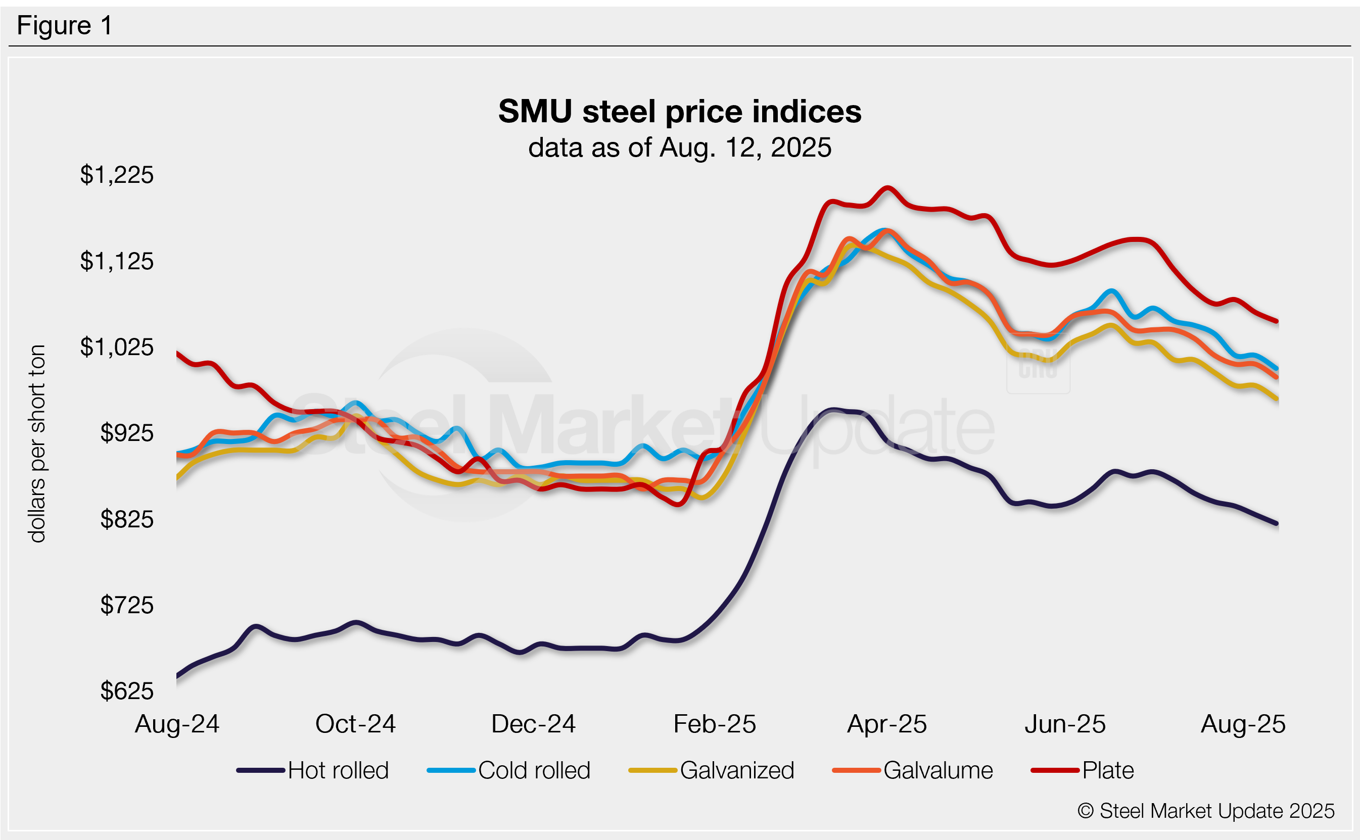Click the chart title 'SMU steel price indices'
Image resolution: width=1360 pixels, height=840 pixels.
[x=679, y=111]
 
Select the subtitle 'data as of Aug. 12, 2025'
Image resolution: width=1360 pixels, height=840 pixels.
[x=679, y=148]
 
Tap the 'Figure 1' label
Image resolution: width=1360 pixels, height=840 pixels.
[x=65, y=26]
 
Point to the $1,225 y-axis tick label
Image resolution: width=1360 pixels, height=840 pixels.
[x=117, y=175]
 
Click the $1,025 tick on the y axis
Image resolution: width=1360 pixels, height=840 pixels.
[x=117, y=347]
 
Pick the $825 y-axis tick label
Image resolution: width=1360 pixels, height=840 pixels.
[x=127, y=519]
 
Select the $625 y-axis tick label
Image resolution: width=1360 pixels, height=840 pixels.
[x=127, y=691]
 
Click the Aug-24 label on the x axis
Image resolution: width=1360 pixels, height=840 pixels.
[x=177, y=724]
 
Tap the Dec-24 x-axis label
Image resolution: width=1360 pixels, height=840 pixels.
[x=533, y=724]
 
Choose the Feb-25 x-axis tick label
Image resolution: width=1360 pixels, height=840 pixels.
[x=714, y=724]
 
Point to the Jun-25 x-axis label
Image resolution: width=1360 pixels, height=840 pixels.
[x=1065, y=724]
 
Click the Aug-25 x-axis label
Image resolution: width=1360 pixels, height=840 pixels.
[x=1243, y=724]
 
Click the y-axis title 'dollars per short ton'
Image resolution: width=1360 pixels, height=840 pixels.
[x=37, y=443]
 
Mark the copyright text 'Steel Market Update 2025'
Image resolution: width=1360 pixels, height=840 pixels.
[x=1205, y=811]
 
